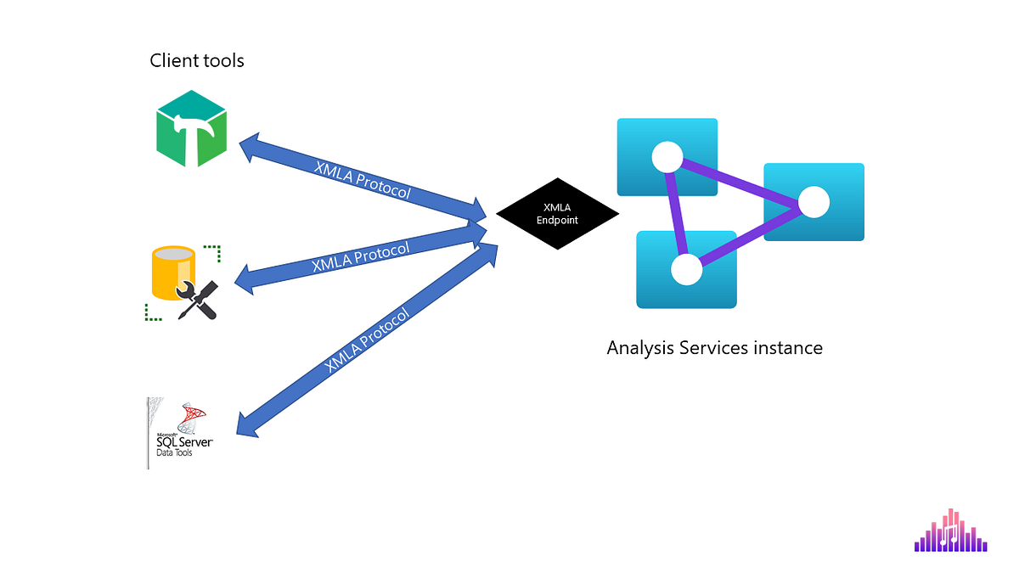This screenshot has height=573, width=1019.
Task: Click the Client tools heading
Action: [197, 61]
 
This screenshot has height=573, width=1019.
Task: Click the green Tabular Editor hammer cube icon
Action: [191, 128]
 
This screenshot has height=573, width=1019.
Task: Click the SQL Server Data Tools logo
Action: [180, 433]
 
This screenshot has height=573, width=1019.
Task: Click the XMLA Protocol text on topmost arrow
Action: [363, 180]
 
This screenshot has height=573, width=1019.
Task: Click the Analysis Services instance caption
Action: [714, 348]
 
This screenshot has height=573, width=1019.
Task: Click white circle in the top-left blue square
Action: [667, 157]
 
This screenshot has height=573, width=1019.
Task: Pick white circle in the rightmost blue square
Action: [814, 202]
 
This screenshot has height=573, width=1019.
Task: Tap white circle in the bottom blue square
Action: [686, 269]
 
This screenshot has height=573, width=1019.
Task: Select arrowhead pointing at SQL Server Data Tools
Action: [247, 424]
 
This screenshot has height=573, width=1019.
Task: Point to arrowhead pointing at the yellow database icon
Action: [245, 280]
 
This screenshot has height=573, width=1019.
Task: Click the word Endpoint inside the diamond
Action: [557, 221]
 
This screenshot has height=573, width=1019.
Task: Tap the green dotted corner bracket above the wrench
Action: [213, 251]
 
